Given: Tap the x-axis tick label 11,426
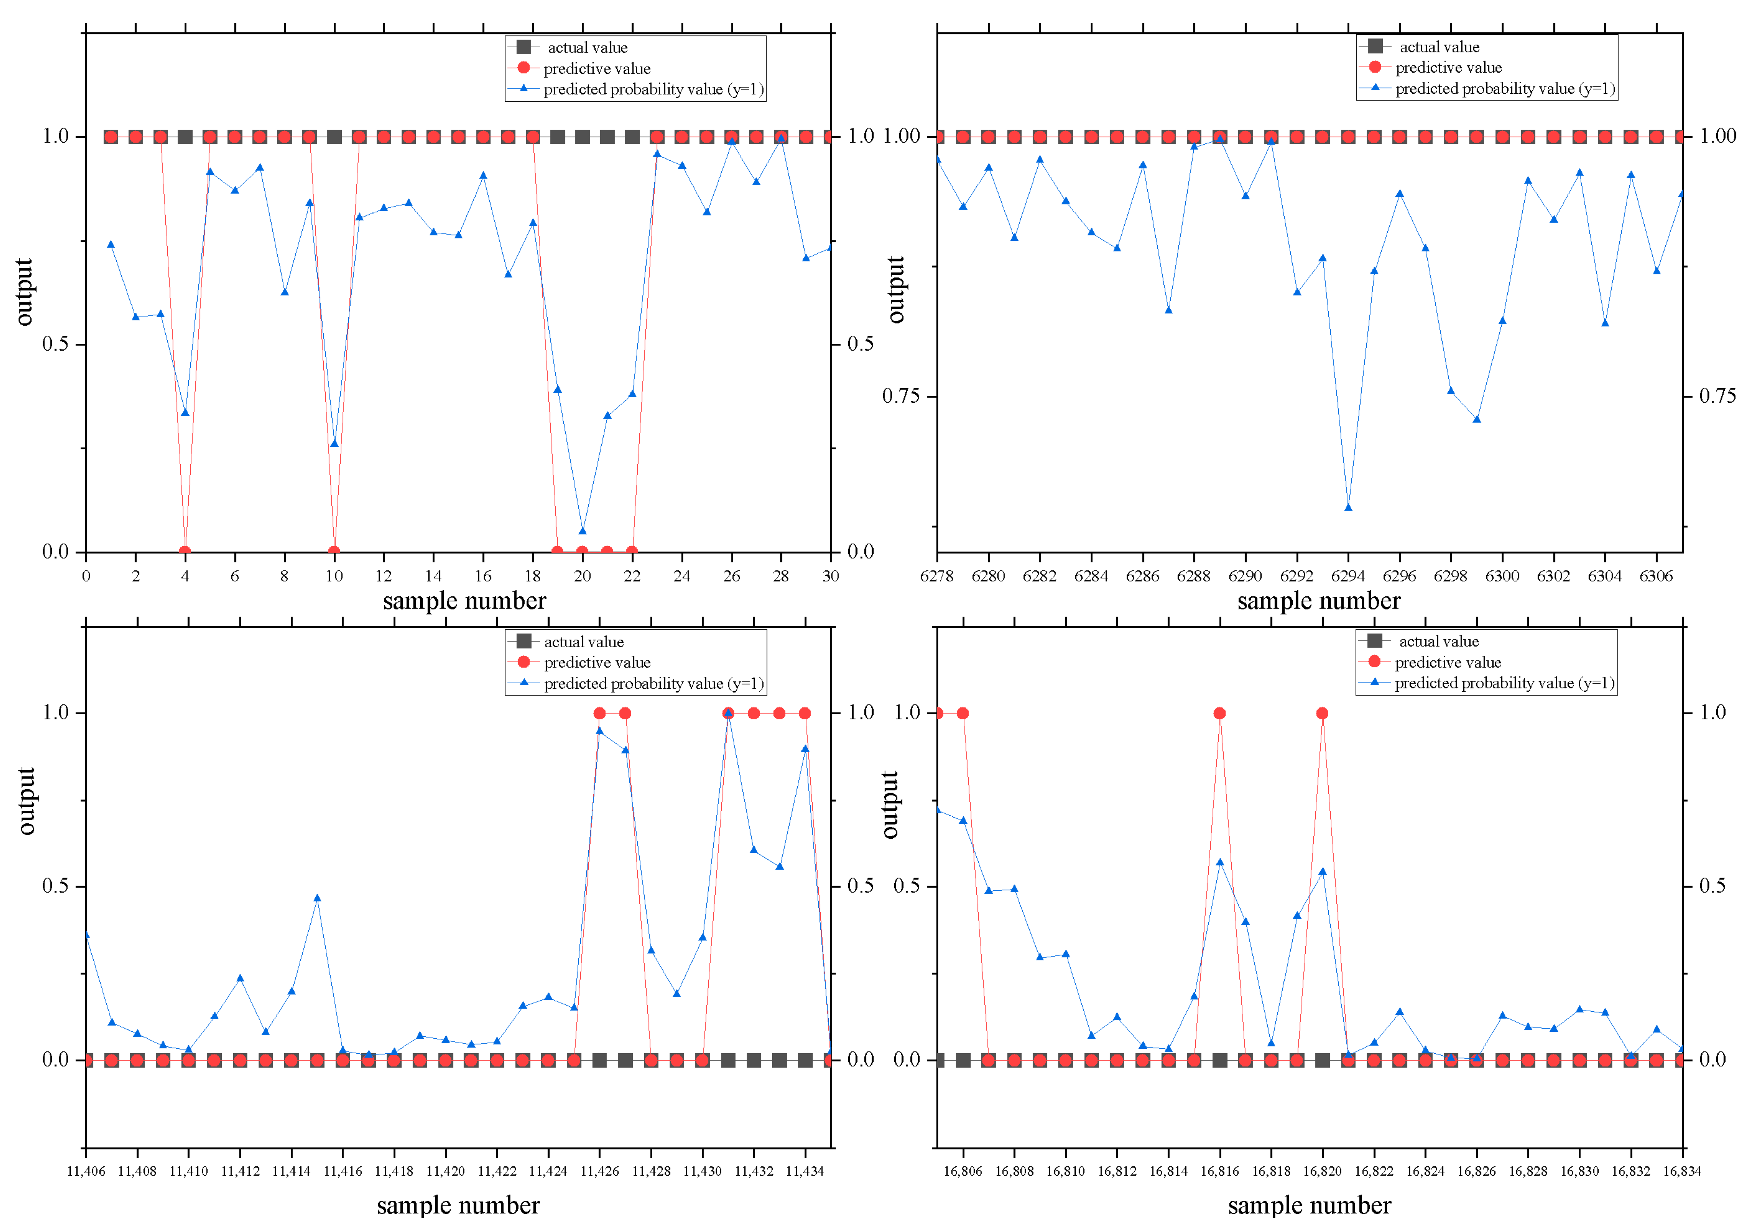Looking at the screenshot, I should [599, 1171].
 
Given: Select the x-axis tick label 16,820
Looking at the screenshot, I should [1322, 1171].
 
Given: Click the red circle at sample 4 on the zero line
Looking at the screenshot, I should [185, 551].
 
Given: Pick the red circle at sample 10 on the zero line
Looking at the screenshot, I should [334, 551].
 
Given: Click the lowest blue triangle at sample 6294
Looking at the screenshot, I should [1348, 507].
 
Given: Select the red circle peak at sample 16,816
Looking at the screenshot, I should [1219, 713].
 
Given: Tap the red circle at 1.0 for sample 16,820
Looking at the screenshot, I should [1322, 713].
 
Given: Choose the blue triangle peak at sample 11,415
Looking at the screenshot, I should [317, 898].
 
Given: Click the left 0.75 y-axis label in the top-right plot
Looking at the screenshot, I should [900, 396].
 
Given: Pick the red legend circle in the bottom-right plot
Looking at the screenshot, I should [1374, 662].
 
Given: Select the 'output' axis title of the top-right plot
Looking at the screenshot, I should [895, 290].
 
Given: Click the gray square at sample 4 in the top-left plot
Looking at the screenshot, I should [185, 137].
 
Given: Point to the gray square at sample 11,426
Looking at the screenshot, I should [599, 1060].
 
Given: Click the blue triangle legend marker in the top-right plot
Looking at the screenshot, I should [1375, 88].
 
